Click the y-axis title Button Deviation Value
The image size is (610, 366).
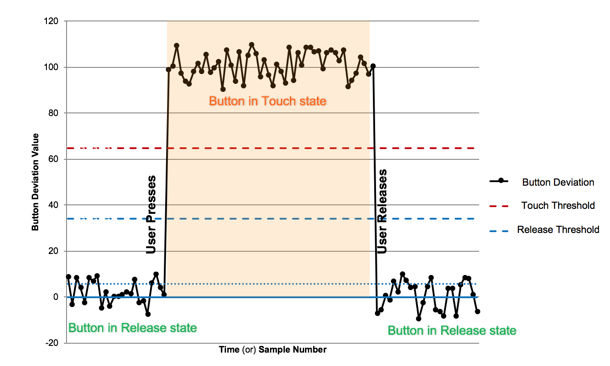coord(35,182)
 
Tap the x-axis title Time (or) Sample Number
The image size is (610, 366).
coord(272,349)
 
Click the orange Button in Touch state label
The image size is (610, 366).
coord(267,101)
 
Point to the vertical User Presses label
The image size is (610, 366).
coord(151,215)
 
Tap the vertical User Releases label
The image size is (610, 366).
coord(382,211)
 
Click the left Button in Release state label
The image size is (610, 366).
coord(132,328)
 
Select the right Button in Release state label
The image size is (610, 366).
coord(452,331)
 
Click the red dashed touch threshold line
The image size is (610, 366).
coord(268,148)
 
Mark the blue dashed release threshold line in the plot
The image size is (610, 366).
coord(268,219)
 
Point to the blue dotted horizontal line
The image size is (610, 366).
coord(268,284)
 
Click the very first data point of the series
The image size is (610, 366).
coord(68,277)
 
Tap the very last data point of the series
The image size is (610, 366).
coord(477,312)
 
